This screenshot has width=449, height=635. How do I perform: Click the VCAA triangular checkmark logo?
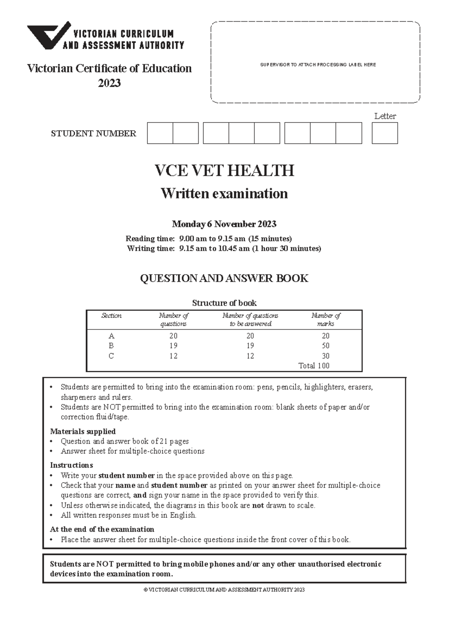point(48,36)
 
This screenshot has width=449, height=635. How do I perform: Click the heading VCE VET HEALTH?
point(224,171)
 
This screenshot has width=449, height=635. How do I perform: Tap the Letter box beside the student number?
point(385,133)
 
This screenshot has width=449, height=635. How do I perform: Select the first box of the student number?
point(160,133)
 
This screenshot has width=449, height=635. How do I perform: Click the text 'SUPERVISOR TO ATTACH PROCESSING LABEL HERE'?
point(318,65)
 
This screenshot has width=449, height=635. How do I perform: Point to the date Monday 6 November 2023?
point(224,224)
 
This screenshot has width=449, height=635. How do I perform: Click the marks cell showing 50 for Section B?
point(326,346)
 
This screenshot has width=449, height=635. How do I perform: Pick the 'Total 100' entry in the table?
point(314,366)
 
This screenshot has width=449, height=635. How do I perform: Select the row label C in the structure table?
point(111,356)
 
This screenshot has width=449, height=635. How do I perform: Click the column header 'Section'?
point(111,316)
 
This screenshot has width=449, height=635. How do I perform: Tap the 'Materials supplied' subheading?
point(83,431)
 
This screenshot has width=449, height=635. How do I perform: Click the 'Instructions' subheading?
point(71,465)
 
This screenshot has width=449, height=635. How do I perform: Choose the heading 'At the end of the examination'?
point(102,529)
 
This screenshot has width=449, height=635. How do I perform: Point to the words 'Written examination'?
point(224,194)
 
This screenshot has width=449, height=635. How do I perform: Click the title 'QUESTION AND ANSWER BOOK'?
point(224,278)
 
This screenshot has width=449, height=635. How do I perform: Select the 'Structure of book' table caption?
point(224,303)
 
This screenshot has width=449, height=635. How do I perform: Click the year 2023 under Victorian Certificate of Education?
point(109,83)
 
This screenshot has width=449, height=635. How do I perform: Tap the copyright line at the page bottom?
point(224,590)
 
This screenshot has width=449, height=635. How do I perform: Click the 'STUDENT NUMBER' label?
point(94,134)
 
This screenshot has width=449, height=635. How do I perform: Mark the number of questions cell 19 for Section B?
point(173,346)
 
